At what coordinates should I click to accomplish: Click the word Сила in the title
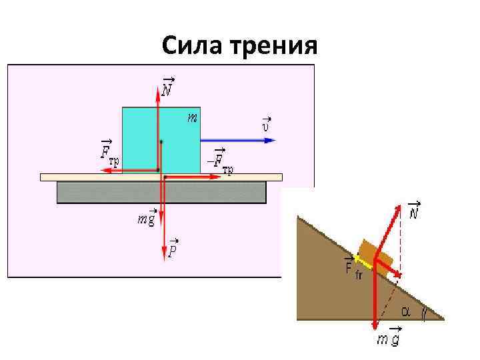coord(193,47)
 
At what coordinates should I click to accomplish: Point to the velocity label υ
coord(265,123)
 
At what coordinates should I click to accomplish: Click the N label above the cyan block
coord(167,87)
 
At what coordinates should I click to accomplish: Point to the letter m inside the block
coord(191,118)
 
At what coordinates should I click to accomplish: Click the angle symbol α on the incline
coord(405,311)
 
